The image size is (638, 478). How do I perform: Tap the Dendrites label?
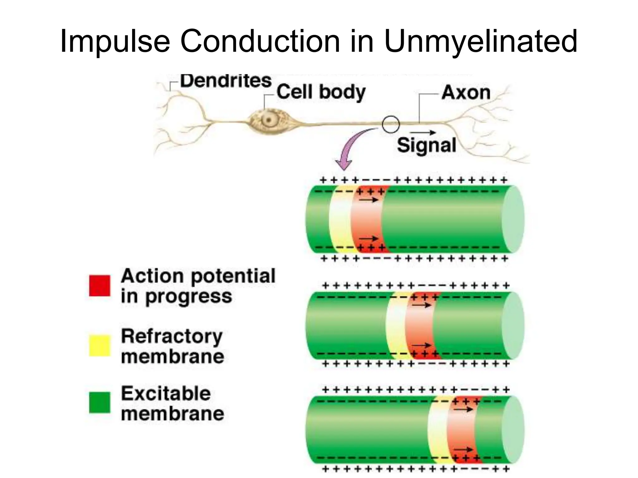coord(226,81)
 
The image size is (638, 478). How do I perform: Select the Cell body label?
coord(321,92)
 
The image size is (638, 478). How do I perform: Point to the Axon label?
coord(466,93)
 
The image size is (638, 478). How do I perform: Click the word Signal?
coord(426,145)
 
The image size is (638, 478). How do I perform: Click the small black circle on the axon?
coord(391,124)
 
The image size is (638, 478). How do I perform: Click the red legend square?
coord(100,285)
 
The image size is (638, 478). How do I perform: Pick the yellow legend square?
coord(100,345)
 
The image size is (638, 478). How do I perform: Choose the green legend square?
coord(100,402)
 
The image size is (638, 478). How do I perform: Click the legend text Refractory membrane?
coord(172,346)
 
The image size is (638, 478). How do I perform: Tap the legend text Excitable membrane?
coord(172,404)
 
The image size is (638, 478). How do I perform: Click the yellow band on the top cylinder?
coord(340,219)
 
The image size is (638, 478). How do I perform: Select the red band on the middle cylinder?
coord(419,325)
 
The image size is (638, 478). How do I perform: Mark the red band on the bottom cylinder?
coord(461,431)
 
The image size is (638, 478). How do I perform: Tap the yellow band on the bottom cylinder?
coord(438,431)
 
